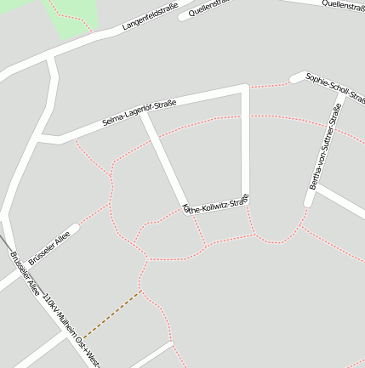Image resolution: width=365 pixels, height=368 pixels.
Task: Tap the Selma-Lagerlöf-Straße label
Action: (x=139, y=113)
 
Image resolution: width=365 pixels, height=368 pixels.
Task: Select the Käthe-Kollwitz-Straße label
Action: (x=216, y=204)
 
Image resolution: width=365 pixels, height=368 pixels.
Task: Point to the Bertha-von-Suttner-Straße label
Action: (x=325, y=145)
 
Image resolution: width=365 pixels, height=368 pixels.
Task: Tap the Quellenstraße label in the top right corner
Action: (x=343, y=4)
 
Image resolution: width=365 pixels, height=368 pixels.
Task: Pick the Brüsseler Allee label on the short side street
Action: (x=48, y=244)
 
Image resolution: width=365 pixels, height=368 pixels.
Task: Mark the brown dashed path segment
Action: (x=112, y=314)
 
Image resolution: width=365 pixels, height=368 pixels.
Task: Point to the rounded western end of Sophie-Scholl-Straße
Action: (x=294, y=79)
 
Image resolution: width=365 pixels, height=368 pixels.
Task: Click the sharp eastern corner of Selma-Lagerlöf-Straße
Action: (x=245, y=88)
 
